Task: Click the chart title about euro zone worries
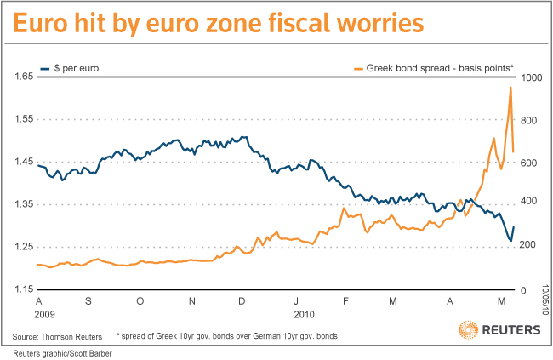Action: pos(217,23)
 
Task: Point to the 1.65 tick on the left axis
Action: pos(23,77)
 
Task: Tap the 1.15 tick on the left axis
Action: pos(23,290)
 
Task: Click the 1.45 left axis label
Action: pos(23,162)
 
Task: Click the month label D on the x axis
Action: pos(243,301)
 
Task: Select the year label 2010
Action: pos(304,313)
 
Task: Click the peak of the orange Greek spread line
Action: pos(510,87)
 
